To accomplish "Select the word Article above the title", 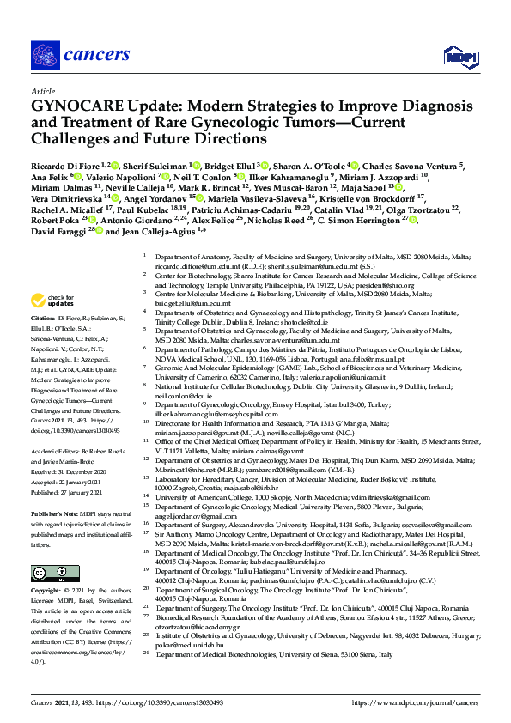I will (x=42, y=90).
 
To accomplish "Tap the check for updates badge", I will (x=49, y=300).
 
